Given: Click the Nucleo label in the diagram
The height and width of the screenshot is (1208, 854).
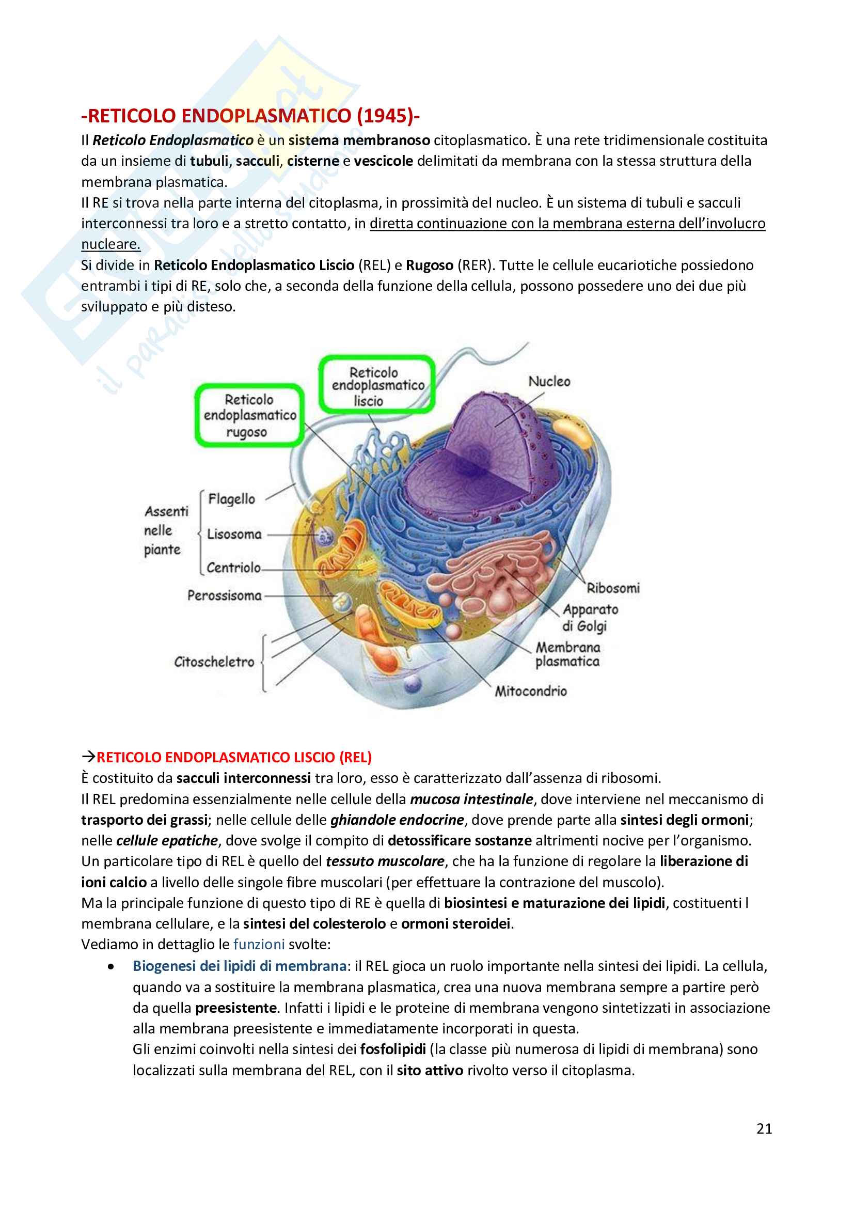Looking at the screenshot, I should point(549,382).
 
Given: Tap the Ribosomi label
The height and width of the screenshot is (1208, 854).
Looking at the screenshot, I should point(613,588).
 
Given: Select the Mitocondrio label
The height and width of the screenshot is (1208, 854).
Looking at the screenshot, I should point(531,691).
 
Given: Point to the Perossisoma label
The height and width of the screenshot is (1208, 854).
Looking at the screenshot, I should point(225,595).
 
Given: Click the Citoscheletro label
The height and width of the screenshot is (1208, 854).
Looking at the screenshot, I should point(214,662).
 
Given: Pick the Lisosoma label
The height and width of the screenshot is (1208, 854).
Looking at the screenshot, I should point(234,535).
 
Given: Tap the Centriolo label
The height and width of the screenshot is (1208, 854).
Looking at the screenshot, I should point(233,568).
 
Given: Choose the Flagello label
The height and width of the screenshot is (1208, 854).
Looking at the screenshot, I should point(231,499).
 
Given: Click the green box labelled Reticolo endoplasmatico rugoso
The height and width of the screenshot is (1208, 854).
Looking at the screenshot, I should point(250,416).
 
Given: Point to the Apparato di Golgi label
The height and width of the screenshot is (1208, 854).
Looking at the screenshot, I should point(590,618).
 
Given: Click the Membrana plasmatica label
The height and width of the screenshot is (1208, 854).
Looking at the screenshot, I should point(568,654).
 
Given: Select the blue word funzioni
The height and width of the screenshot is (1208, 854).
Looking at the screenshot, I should point(259,945).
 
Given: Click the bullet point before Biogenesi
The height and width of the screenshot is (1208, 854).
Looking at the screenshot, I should point(110,966).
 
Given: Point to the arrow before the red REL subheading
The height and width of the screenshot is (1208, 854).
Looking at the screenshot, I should point(88,757).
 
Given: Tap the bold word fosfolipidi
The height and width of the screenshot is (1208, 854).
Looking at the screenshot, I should point(393,1049).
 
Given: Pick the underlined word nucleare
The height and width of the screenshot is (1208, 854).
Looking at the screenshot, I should point(110,244).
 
